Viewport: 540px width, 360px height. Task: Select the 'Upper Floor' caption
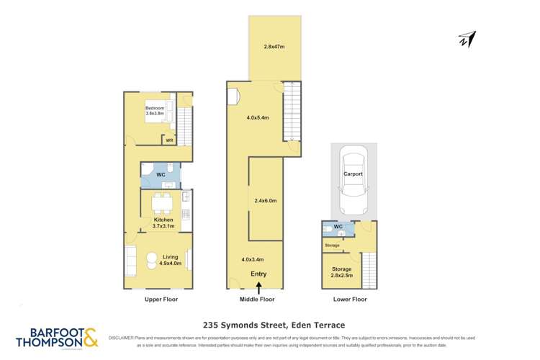(161, 299)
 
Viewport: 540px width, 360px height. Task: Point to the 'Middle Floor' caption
(258, 299)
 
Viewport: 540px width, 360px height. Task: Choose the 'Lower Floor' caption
(351, 299)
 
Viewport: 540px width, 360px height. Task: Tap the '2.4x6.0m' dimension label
(266, 201)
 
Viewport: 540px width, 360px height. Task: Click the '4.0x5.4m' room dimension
(258, 117)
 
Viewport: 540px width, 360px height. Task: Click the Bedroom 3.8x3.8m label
(155, 110)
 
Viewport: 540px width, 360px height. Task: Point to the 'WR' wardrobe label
(169, 140)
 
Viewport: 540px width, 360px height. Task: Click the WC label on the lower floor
(338, 228)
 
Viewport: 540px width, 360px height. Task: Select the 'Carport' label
(353, 174)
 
